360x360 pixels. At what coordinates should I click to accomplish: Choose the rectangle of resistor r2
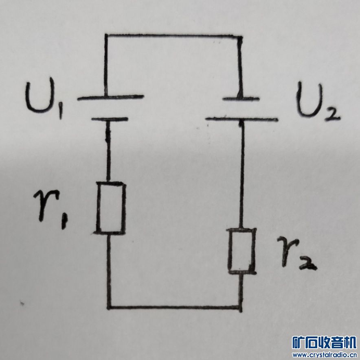pos(242,250)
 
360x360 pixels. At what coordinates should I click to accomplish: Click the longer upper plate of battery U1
pos(110,98)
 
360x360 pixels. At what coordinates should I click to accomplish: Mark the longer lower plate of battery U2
pos(241,119)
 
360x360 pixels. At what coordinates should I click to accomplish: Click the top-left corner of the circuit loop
pos(106,36)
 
